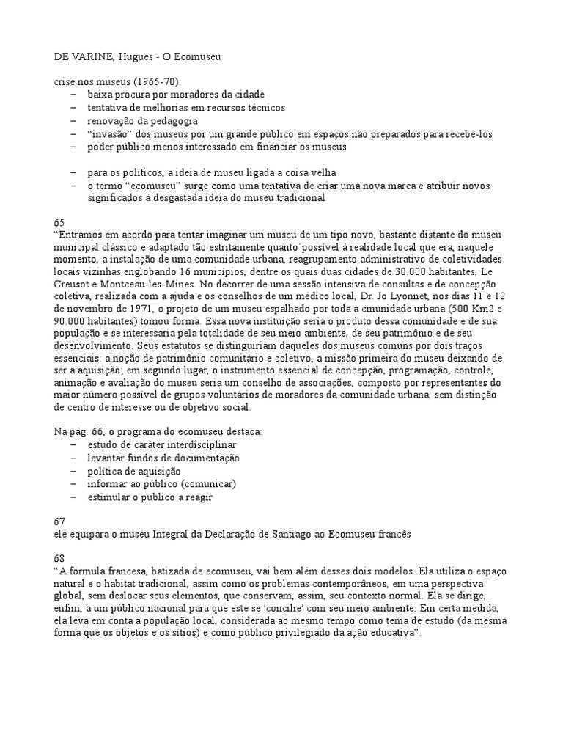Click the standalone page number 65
59,221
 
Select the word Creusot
75,285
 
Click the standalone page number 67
59,521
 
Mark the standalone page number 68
59,559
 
